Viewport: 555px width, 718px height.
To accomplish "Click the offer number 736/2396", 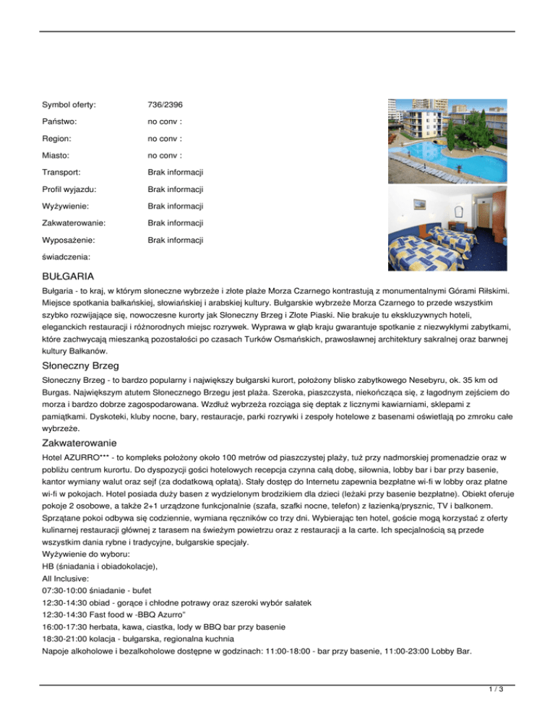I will [163, 105].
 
